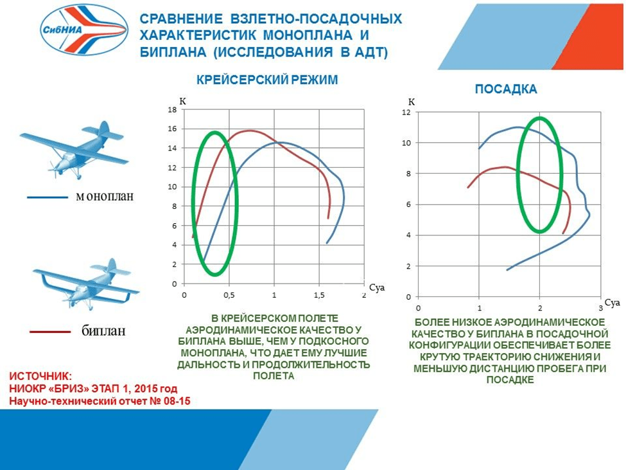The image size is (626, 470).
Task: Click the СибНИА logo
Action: [85, 29]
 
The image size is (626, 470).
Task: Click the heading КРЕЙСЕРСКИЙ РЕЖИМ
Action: [267, 80]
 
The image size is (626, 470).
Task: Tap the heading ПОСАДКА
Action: [506, 89]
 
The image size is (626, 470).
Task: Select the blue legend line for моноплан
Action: [48, 197]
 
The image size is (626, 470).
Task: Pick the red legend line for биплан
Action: [50, 332]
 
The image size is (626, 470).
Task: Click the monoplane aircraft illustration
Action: [74, 149]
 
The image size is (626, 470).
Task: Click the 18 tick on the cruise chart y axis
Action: [173, 110]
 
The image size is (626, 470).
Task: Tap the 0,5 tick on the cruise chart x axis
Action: [229, 295]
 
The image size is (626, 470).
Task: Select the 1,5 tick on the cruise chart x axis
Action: [319, 295]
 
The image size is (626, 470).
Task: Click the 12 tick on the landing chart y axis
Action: [406, 113]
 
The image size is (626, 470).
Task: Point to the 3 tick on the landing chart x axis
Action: [601, 308]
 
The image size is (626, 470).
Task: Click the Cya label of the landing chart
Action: [613, 303]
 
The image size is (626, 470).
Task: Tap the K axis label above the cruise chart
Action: [182, 101]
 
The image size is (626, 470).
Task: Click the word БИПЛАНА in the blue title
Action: [173, 52]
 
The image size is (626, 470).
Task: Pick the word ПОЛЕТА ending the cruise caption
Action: [274, 375]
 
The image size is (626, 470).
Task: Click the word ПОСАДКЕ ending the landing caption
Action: [510, 380]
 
